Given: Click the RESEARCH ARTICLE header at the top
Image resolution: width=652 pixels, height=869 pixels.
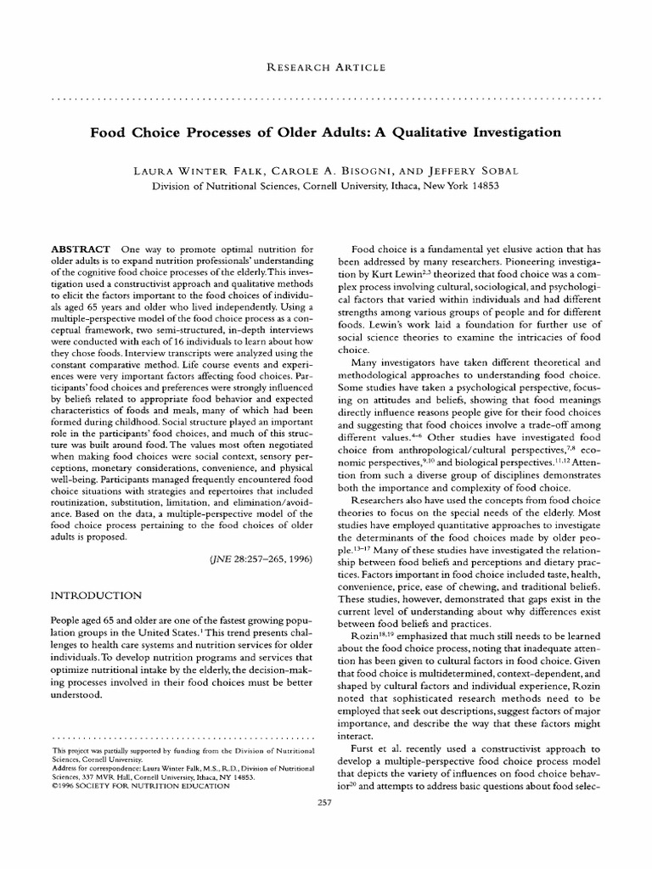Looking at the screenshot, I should (x=326, y=67).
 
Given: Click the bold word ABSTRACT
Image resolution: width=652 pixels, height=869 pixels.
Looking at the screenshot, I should (x=80, y=249).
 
